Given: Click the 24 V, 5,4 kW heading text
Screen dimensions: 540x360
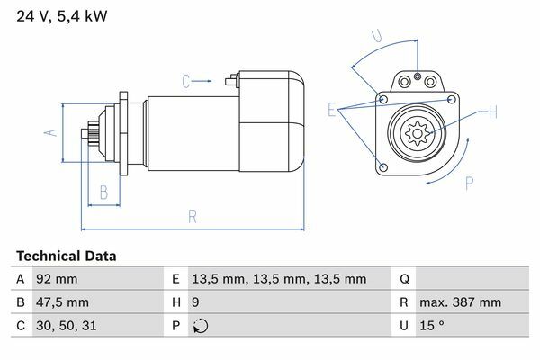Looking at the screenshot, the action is [x=62, y=16].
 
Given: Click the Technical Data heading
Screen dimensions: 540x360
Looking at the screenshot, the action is [x=66, y=256].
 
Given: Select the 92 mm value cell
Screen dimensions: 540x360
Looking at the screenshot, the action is [x=57, y=279].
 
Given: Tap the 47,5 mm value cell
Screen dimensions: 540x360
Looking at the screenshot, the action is [x=62, y=302].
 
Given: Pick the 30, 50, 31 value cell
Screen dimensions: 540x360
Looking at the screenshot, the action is [x=66, y=326].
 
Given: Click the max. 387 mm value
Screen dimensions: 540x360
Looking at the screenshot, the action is [x=460, y=302].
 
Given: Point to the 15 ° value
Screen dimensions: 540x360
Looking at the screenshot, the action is [x=431, y=326].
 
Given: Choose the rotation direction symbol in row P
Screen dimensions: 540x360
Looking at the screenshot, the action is [x=201, y=326].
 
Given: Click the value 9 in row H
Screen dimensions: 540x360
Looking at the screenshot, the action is [x=195, y=302].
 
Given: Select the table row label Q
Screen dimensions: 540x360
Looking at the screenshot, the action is [x=404, y=279].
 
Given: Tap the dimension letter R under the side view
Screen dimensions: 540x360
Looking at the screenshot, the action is [x=193, y=217].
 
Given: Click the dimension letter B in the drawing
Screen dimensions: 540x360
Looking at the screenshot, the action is [x=103, y=193].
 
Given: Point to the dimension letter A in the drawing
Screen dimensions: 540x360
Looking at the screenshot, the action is [x=51, y=132].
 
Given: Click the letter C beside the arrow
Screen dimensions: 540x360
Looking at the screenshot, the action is [x=186, y=81].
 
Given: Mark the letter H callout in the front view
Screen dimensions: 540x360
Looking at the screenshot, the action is [x=493, y=112].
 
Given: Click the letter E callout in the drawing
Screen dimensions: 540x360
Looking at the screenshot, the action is [x=331, y=110].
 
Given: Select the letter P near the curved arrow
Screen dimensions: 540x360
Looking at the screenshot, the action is [x=470, y=184].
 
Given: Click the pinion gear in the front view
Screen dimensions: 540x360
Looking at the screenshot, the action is [x=418, y=133].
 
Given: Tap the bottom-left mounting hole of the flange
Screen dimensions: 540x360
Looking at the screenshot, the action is [x=383, y=167].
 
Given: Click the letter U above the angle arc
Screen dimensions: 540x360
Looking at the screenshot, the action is [x=377, y=36].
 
